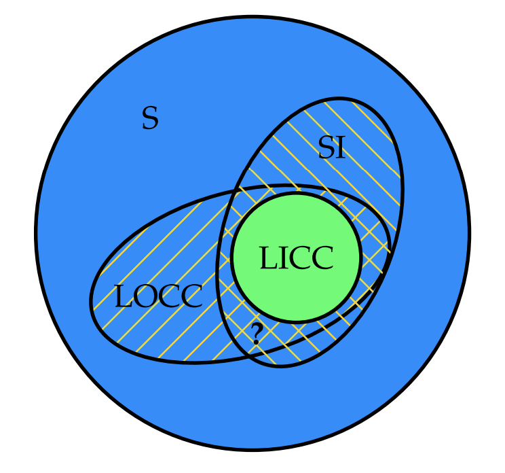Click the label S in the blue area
[150, 119]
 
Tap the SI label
[332, 147]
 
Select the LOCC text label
[158, 297]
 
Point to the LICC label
[296, 259]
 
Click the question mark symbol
[256, 334]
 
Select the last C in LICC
[322, 259]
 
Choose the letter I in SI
[341, 147]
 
